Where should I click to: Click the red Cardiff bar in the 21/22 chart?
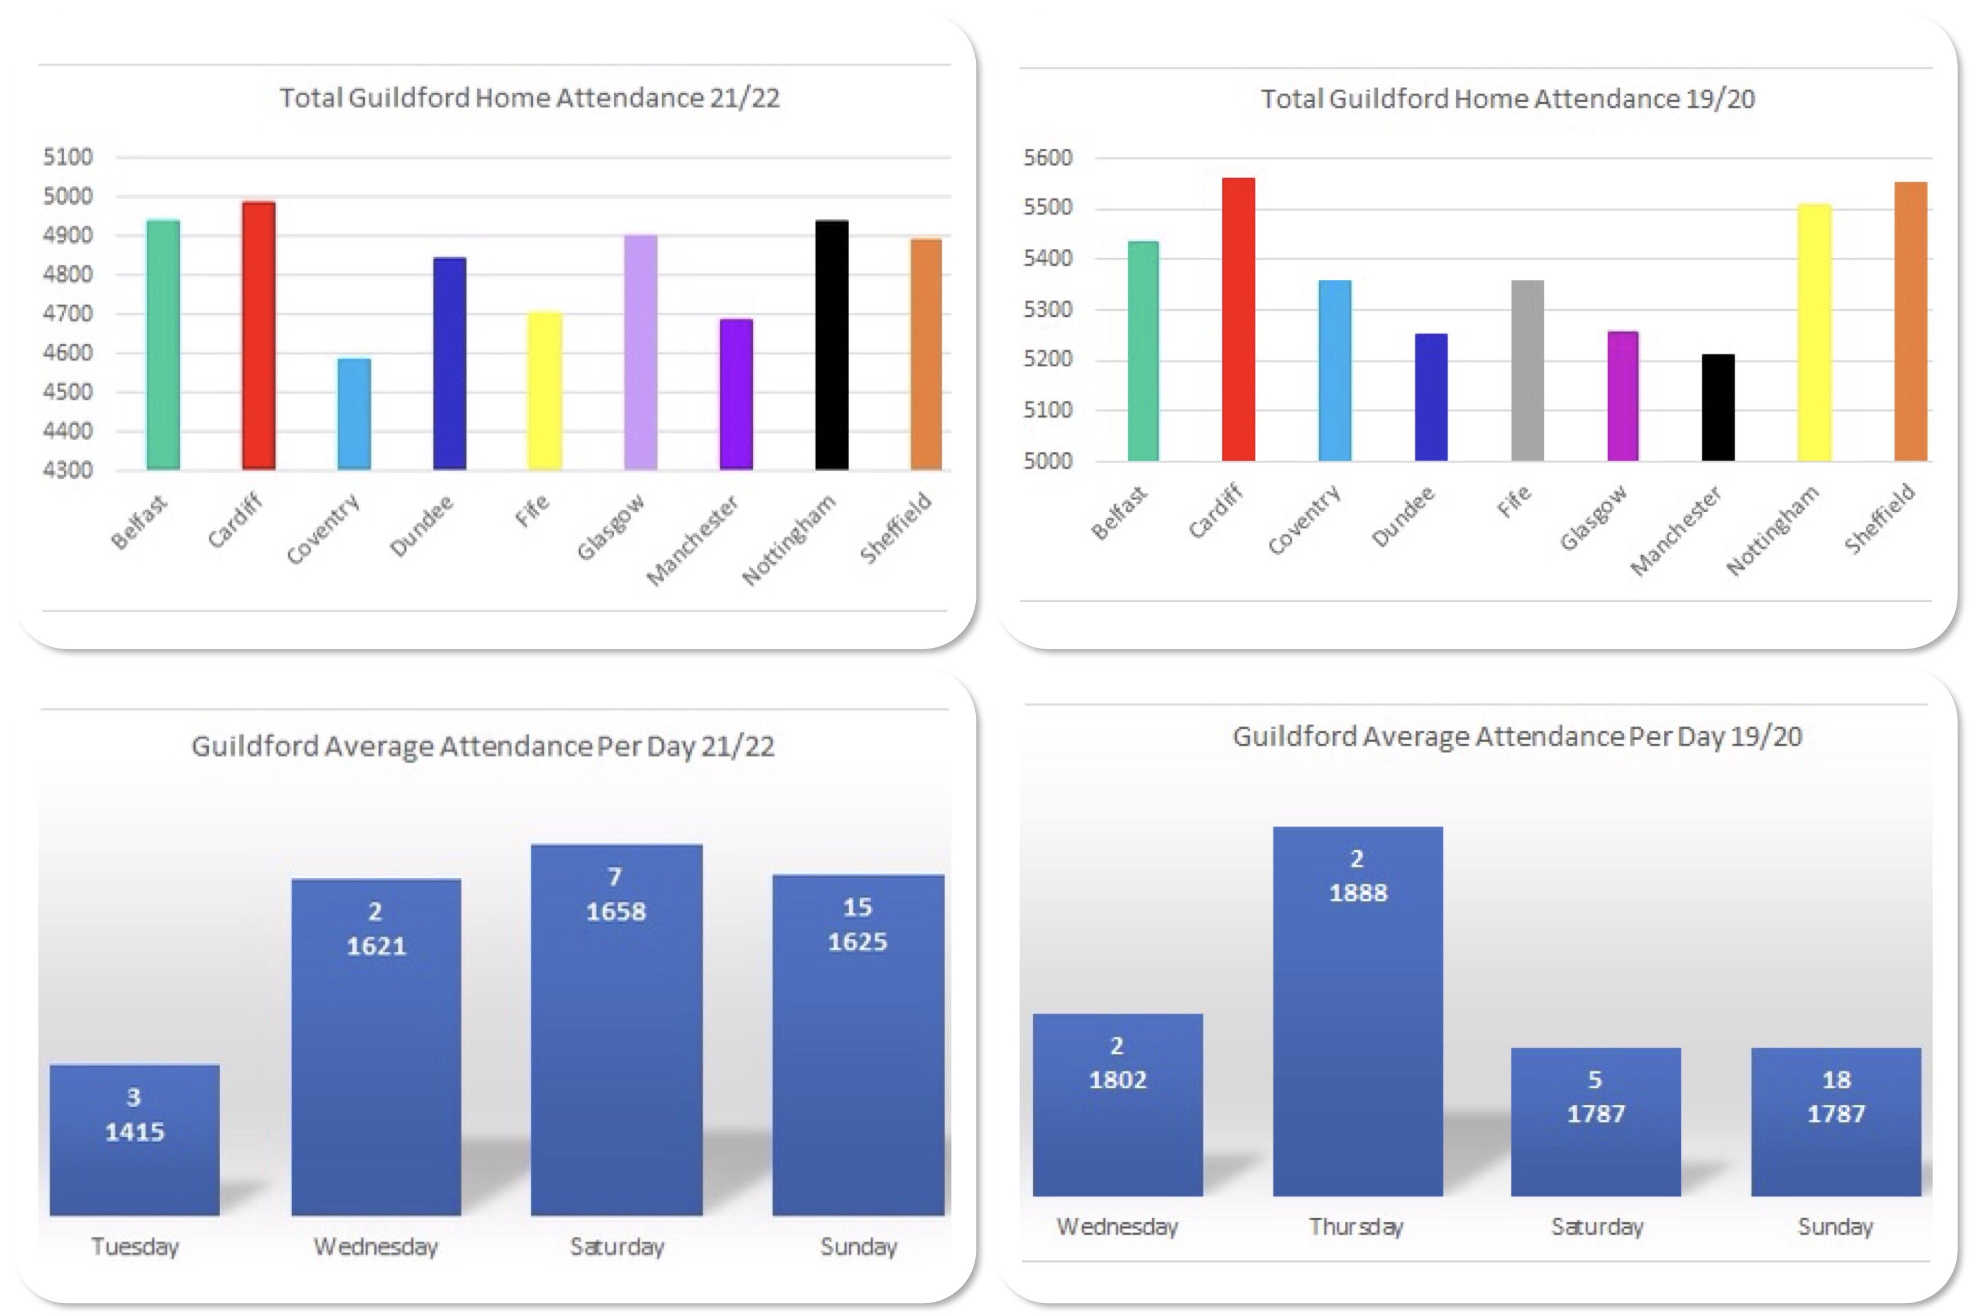click(258, 335)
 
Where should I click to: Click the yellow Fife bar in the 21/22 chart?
click(545, 391)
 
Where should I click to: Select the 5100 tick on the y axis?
click(68, 157)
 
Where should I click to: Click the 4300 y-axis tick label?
click(68, 470)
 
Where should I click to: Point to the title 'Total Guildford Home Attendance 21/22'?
click(530, 98)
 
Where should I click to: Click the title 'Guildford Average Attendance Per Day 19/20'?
click(1517, 737)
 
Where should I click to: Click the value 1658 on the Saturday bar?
click(616, 912)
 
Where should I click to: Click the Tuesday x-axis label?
click(135, 1247)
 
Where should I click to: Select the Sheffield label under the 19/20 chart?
click(1880, 519)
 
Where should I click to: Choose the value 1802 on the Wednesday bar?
click(1117, 1080)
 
